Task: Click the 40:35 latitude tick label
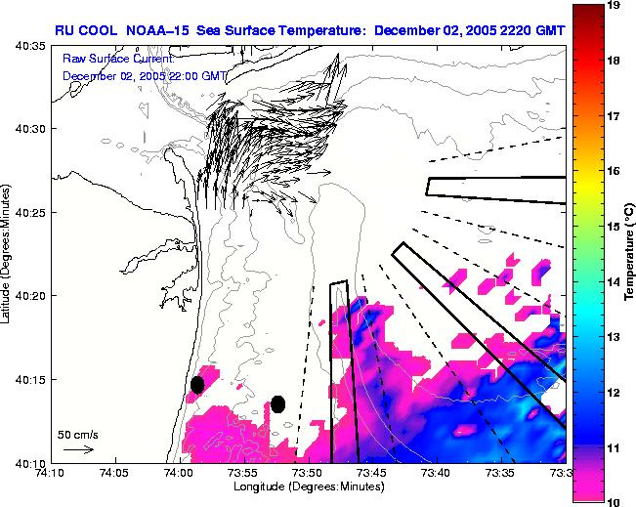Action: (30, 45)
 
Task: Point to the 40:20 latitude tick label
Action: (30, 295)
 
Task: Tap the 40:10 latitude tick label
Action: (30, 462)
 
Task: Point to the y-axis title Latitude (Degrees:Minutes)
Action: (8, 254)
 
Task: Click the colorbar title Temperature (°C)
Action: (629, 254)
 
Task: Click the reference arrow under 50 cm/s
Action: (78, 449)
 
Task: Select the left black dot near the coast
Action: (197, 385)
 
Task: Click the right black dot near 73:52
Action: (277, 404)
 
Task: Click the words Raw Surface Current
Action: (117, 61)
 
